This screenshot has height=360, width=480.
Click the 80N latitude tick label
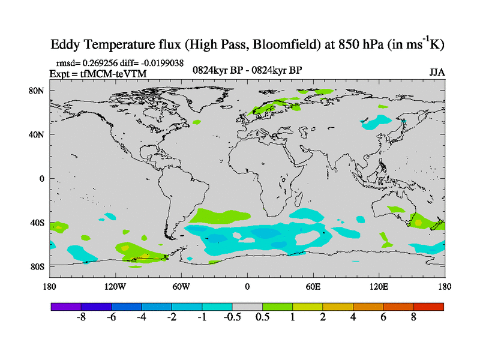[x=38, y=91]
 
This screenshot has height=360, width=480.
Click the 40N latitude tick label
[x=38, y=134]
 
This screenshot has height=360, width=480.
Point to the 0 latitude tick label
[x=42, y=178]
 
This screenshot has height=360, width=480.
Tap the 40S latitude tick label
[x=38, y=223]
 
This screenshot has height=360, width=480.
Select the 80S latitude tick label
[x=38, y=266]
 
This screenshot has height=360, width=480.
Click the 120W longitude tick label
[x=115, y=286]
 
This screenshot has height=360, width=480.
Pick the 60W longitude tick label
[x=181, y=286]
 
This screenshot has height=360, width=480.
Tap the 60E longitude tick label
[x=313, y=286]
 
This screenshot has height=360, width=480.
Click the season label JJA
[x=437, y=73]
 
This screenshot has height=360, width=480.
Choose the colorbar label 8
[x=413, y=318]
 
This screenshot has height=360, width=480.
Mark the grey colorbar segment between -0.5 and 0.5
[x=247, y=307]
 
